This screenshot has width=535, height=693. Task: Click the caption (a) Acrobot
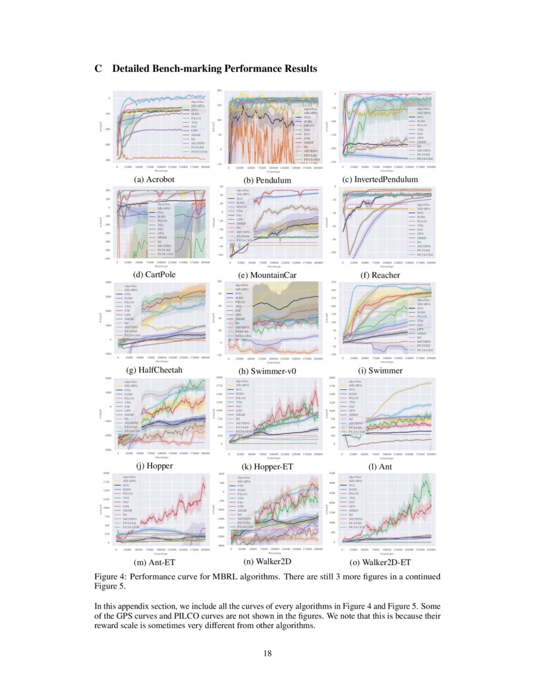coord(154,179)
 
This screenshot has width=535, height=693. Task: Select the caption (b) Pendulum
coord(267,180)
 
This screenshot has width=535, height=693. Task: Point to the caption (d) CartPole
coord(154,275)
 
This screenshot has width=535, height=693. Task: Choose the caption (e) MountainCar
coord(267,275)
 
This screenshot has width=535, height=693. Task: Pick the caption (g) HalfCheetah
coord(154,370)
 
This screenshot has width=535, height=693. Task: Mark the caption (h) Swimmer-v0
coord(267,371)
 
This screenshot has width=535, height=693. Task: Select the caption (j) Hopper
coord(154,466)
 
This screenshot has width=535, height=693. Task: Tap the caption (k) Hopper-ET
coord(267,467)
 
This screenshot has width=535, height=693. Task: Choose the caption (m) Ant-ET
coord(154,561)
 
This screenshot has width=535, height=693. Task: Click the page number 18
coord(267,653)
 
